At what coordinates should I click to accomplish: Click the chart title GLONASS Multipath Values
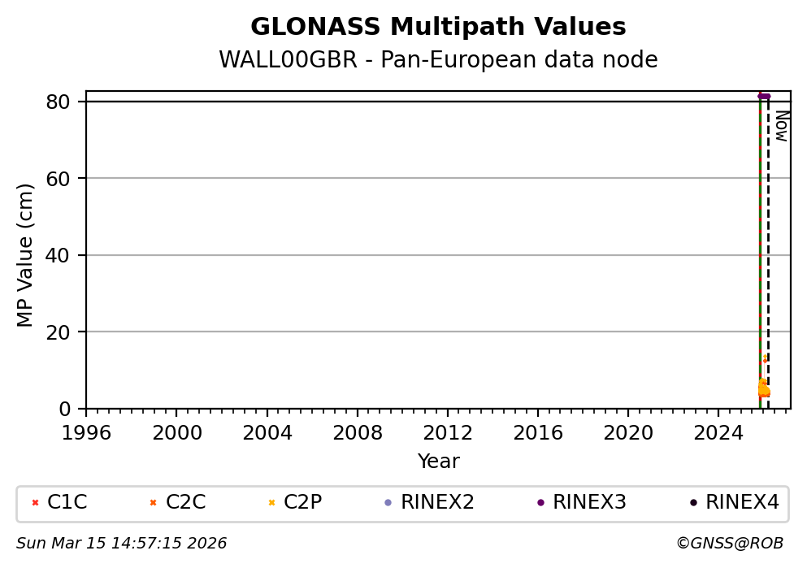pos(438,28)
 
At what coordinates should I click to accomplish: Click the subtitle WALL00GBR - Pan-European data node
pos(438,60)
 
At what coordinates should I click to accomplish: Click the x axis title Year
pos(438,462)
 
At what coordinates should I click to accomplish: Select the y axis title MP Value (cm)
pos(26,255)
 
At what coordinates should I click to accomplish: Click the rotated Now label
pos(781,126)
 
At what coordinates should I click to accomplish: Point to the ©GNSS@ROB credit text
pos(729,543)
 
